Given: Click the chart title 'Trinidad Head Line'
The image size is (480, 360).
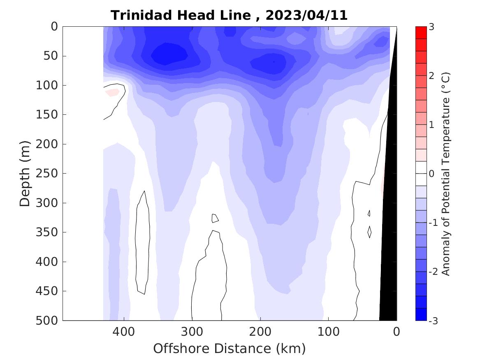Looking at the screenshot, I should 181,16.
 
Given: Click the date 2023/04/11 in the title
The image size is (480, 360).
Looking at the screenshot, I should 306,16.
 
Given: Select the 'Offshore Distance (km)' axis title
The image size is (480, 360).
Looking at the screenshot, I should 230,349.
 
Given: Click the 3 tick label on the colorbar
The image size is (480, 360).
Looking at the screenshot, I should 432,27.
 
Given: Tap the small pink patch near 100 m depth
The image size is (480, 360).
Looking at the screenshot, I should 112,93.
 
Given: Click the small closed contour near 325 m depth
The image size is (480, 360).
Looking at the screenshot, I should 215,218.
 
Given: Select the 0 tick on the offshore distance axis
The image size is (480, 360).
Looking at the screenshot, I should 396,332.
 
